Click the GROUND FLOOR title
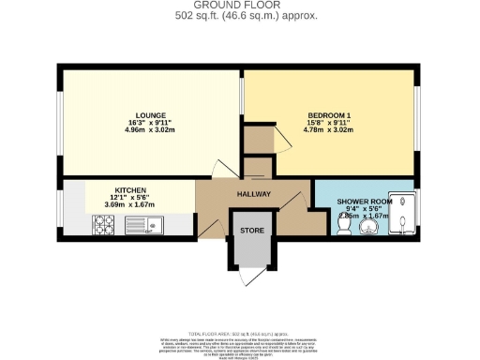(x=240, y=6)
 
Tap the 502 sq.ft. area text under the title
(x=240, y=15)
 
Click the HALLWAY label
(x=253, y=195)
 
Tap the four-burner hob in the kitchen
(x=102, y=225)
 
